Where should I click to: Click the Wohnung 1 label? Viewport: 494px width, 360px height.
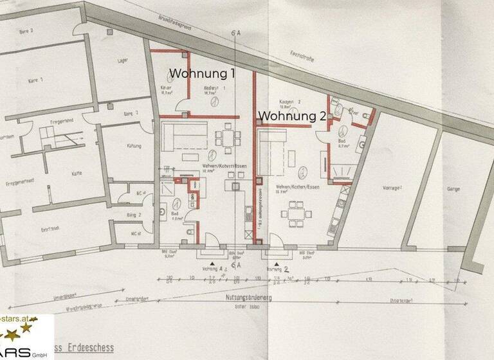click(201, 74)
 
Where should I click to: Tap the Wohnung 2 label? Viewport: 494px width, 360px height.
click(291, 116)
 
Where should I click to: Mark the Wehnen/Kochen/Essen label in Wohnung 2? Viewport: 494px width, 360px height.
click(297, 187)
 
